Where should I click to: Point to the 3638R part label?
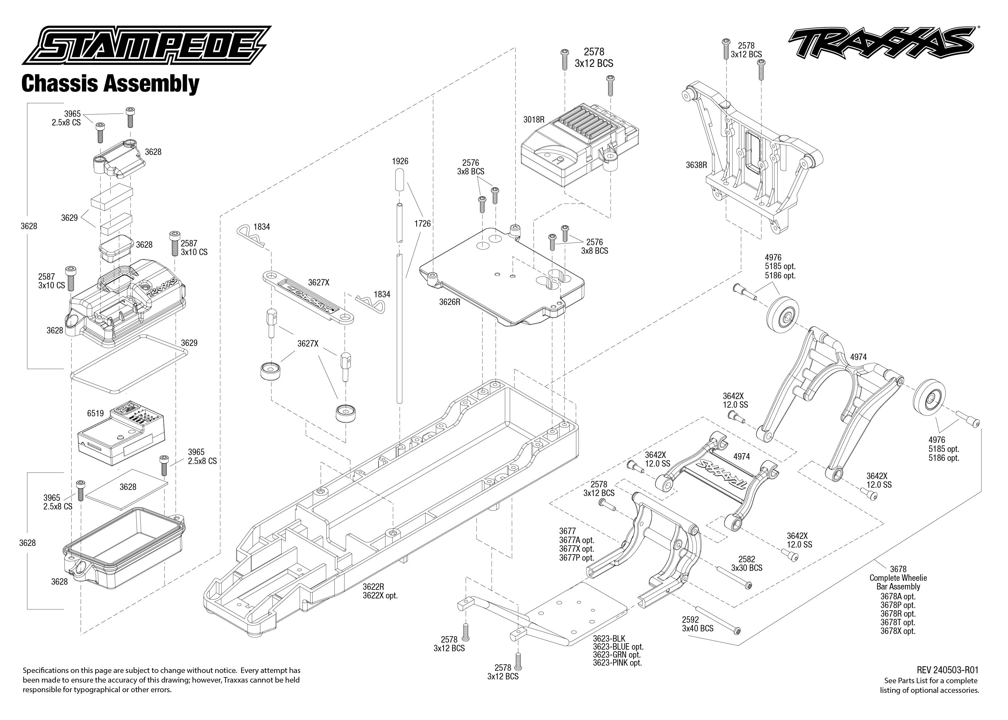(696, 165)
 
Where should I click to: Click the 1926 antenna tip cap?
(399, 180)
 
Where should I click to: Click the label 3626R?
(450, 302)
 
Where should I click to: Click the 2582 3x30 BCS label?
(747, 564)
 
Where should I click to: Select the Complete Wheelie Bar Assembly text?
(898, 582)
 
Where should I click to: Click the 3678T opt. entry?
(898, 622)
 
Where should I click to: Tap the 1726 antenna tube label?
(422, 223)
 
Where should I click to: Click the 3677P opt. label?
(576, 558)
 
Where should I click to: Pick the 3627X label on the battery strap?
(319, 283)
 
